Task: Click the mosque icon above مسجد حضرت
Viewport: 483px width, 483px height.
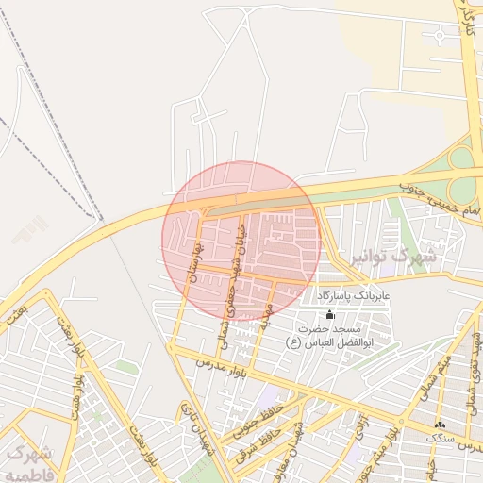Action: [329, 314]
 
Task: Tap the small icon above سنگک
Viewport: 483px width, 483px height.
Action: [441, 424]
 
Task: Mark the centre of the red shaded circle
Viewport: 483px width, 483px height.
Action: [241, 241]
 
